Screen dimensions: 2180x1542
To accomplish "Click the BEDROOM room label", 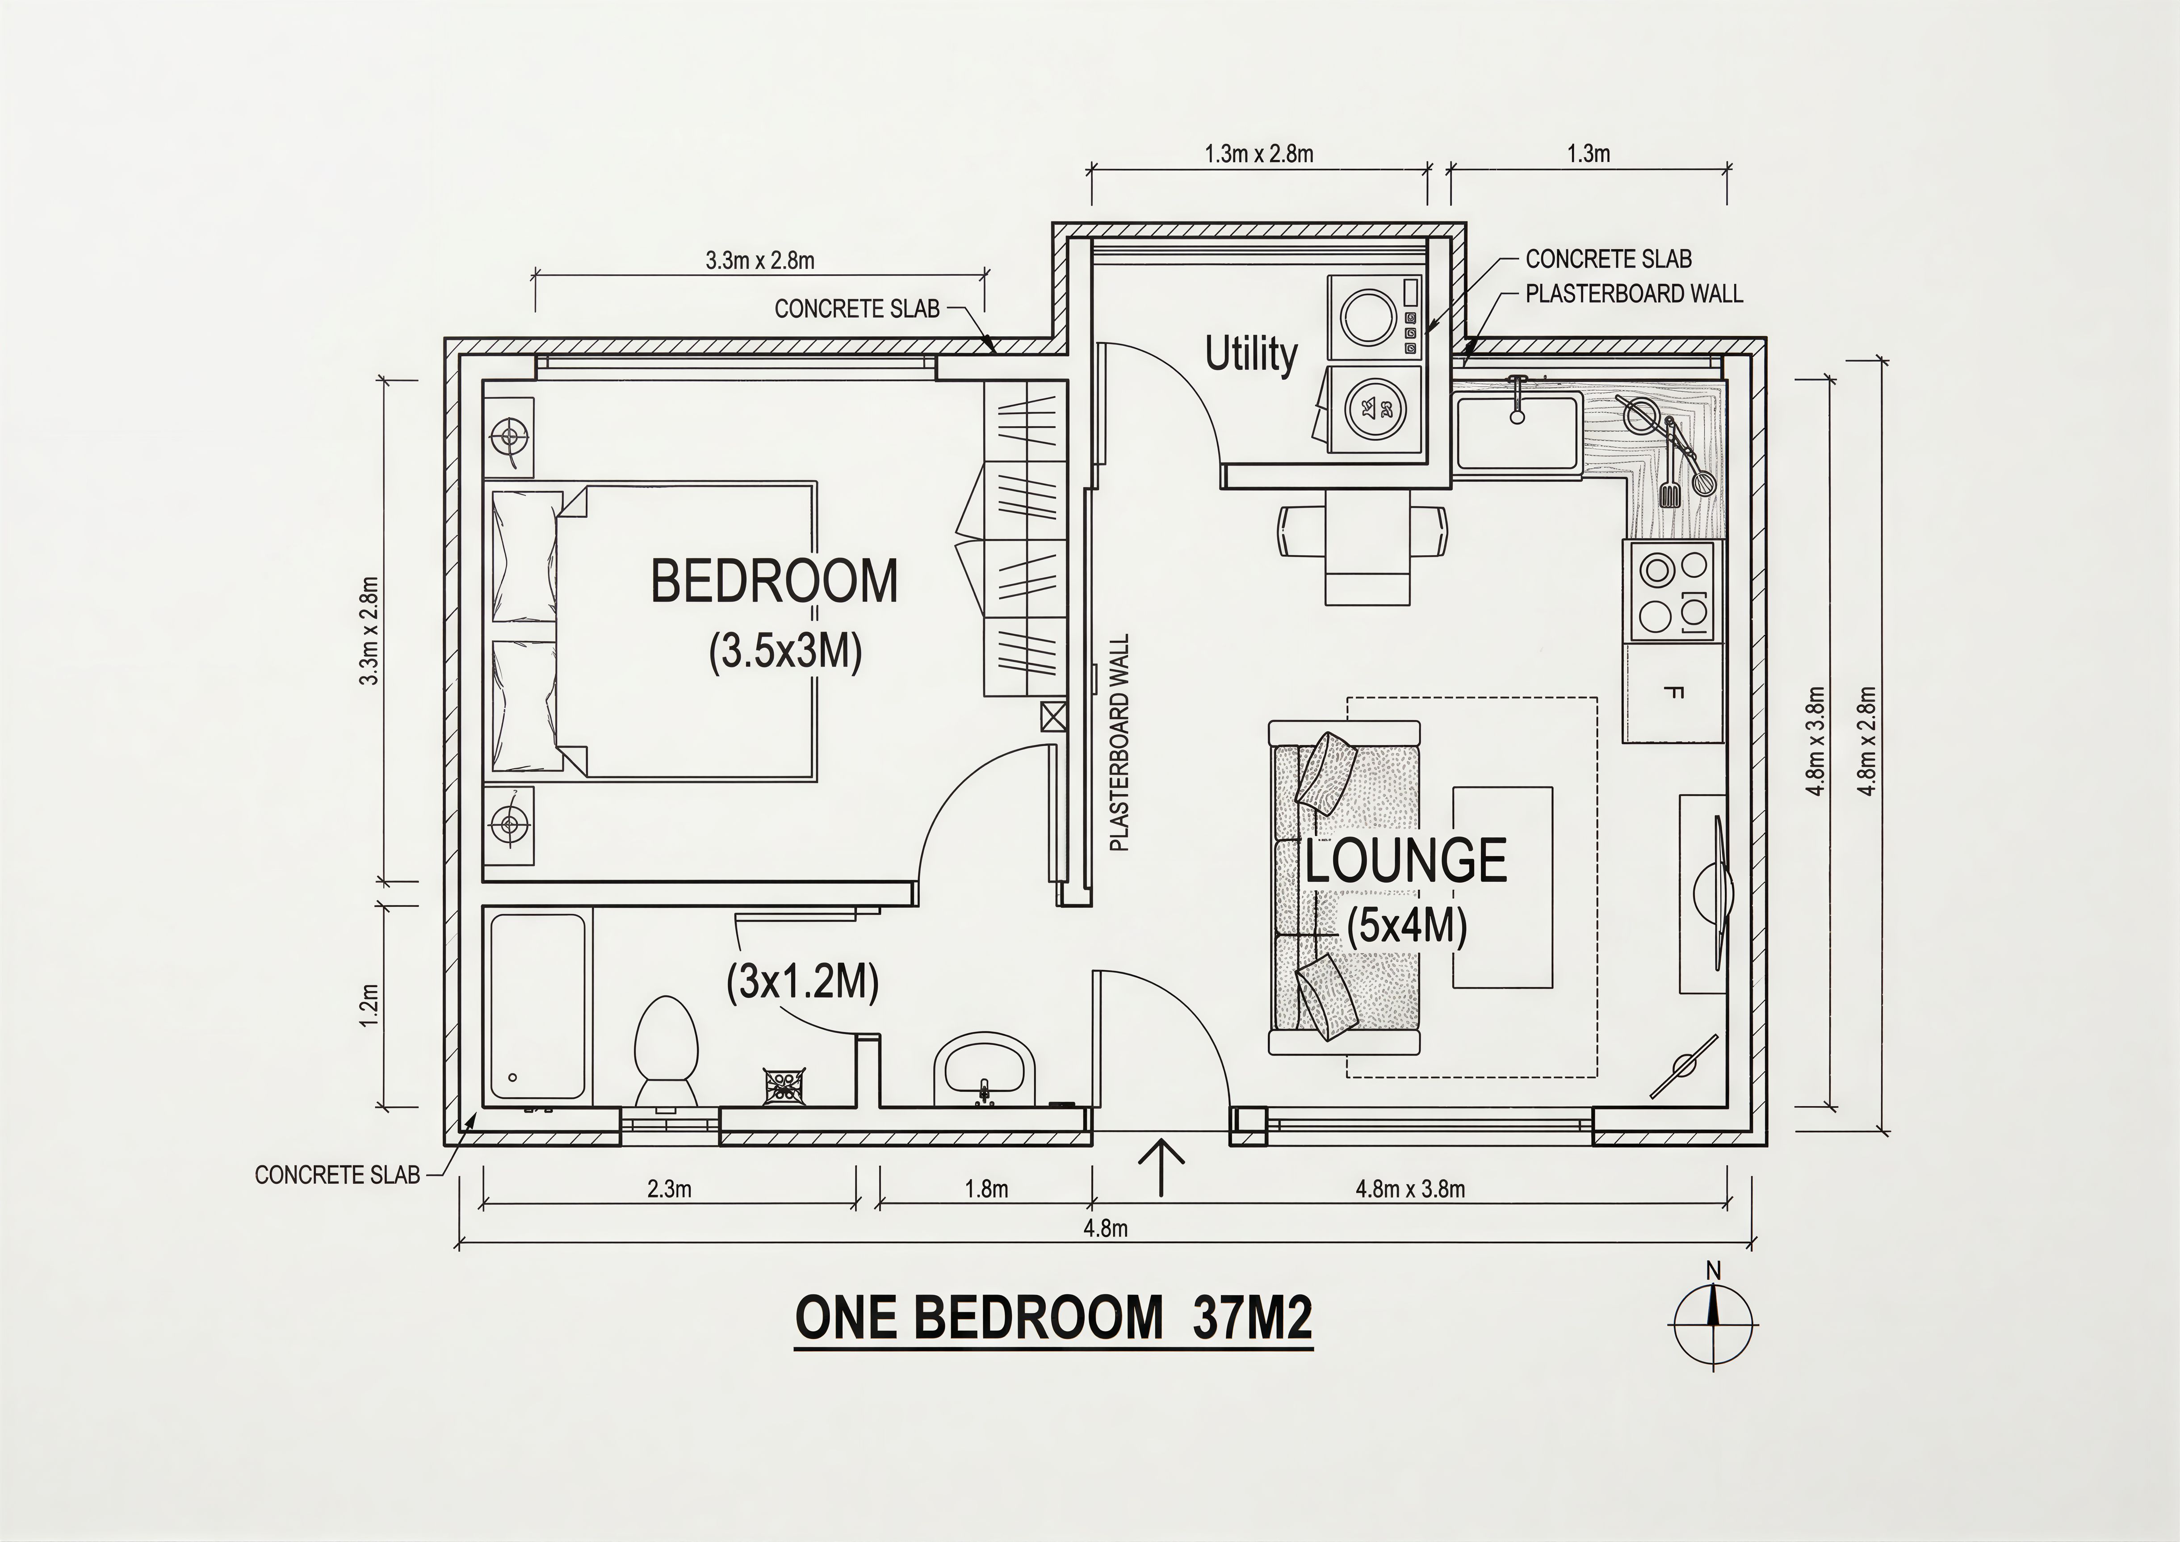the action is [x=774, y=581].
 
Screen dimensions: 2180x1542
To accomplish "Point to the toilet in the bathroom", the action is [x=666, y=1051].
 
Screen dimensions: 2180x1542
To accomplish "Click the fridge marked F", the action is [x=1673, y=692].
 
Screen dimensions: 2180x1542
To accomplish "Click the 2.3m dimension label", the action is [x=669, y=1188].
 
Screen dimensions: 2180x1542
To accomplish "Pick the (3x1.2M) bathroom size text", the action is [x=802, y=983].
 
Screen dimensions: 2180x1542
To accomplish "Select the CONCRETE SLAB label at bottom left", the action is [x=337, y=1174].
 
